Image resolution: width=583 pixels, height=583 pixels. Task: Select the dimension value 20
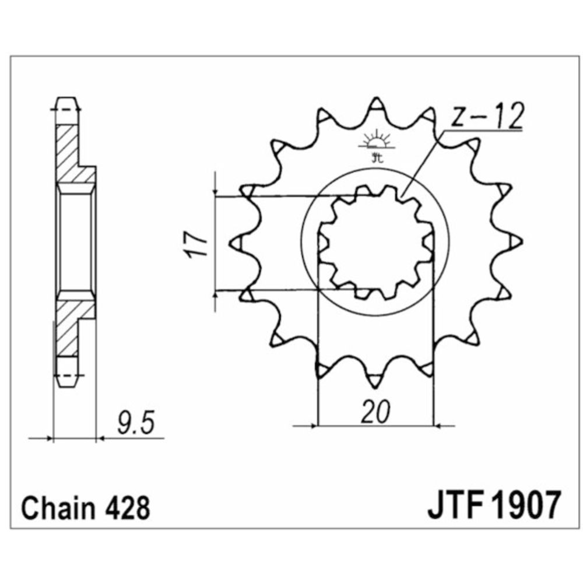click(x=374, y=413)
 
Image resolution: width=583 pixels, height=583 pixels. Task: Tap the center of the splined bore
click(x=376, y=242)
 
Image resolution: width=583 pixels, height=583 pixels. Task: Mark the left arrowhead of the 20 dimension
click(x=313, y=426)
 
